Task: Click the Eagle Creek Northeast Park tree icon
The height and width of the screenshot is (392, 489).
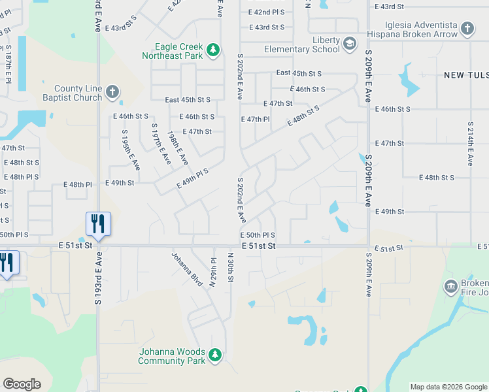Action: [x=212, y=50]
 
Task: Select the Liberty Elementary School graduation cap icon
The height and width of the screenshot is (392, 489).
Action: [x=349, y=43]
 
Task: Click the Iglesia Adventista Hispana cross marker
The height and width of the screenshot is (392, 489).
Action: [x=467, y=28]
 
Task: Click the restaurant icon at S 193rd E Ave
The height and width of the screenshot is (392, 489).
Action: [x=98, y=223]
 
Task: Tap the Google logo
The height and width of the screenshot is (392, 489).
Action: [x=22, y=384]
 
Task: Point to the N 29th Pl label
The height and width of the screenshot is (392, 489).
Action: [x=213, y=272]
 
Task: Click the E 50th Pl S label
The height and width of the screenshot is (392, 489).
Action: [x=258, y=235]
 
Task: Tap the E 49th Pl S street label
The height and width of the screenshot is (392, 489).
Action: [x=192, y=179]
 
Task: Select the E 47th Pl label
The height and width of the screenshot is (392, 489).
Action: [x=256, y=120]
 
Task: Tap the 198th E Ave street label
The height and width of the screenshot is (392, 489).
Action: [x=178, y=148]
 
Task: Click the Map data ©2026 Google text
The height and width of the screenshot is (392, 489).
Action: [x=448, y=387]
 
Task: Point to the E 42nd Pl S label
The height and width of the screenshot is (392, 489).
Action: [x=267, y=12]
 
